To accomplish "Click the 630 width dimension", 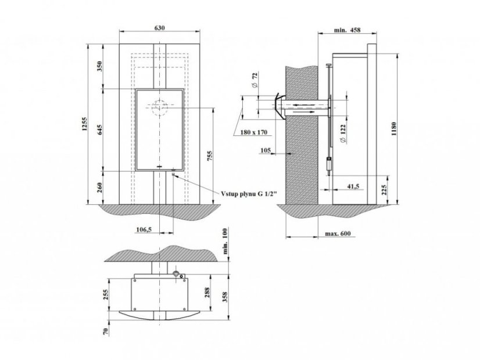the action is [x=159, y=28].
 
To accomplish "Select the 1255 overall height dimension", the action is [x=85, y=124].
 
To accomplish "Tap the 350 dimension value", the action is [x=99, y=66].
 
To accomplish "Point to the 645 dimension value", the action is [x=99, y=129].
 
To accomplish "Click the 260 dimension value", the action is [x=99, y=188].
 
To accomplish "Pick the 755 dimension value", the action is [x=210, y=156].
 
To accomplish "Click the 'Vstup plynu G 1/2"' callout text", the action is [x=249, y=193].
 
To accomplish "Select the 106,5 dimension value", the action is [x=144, y=229].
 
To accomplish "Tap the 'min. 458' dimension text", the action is [x=347, y=30].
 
